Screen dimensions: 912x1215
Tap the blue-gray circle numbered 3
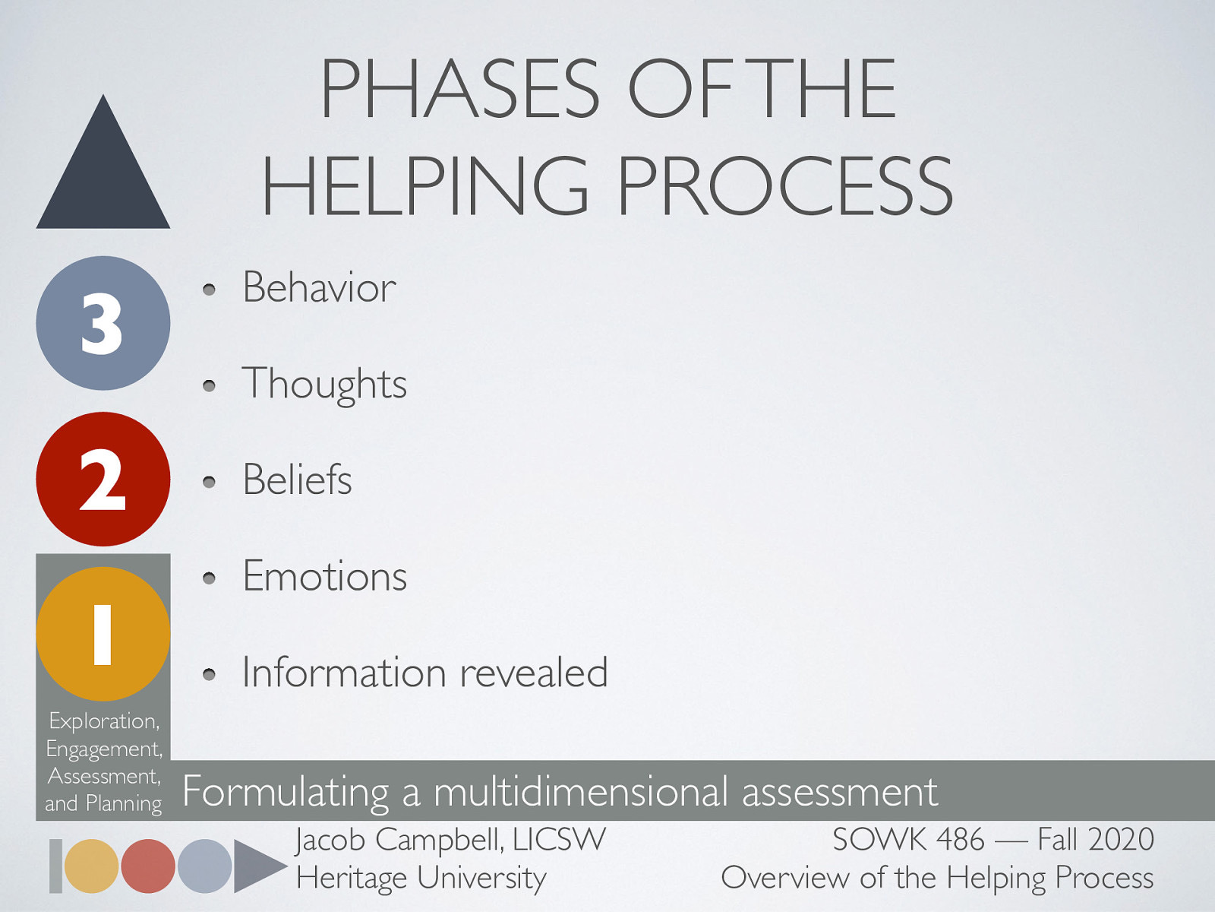pyautogui.click(x=103, y=323)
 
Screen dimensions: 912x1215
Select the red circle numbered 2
pyautogui.click(x=103, y=479)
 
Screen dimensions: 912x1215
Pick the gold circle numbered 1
pyautogui.click(x=103, y=634)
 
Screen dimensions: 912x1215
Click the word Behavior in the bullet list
pyautogui.click(x=319, y=287)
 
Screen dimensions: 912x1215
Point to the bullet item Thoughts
pyautogui.click(x=324, y=384)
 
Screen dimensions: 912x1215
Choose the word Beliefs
pyautogui.click(x=297, y=480)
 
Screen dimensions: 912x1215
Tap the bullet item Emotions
pyautogui.click(x=324, y=576)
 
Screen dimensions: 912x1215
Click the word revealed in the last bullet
pyautogui.click(x=533, y=673)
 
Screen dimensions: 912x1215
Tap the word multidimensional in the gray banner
pyautogui.click(x=580, y=792)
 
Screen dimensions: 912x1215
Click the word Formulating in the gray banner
pyautogui.click(x=286, y=792)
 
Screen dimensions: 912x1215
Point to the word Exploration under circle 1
pyautogui.click(x=103, y=720)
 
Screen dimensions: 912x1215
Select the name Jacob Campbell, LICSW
pyautogui.click(x=450, y=840)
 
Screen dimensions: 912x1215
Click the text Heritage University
pyautogui.click(x=421, y=878)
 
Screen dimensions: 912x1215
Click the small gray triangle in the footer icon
pyautogui.click(x=255, y=866)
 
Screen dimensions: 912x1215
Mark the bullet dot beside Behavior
pyautogui.click(x=210, y=290)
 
